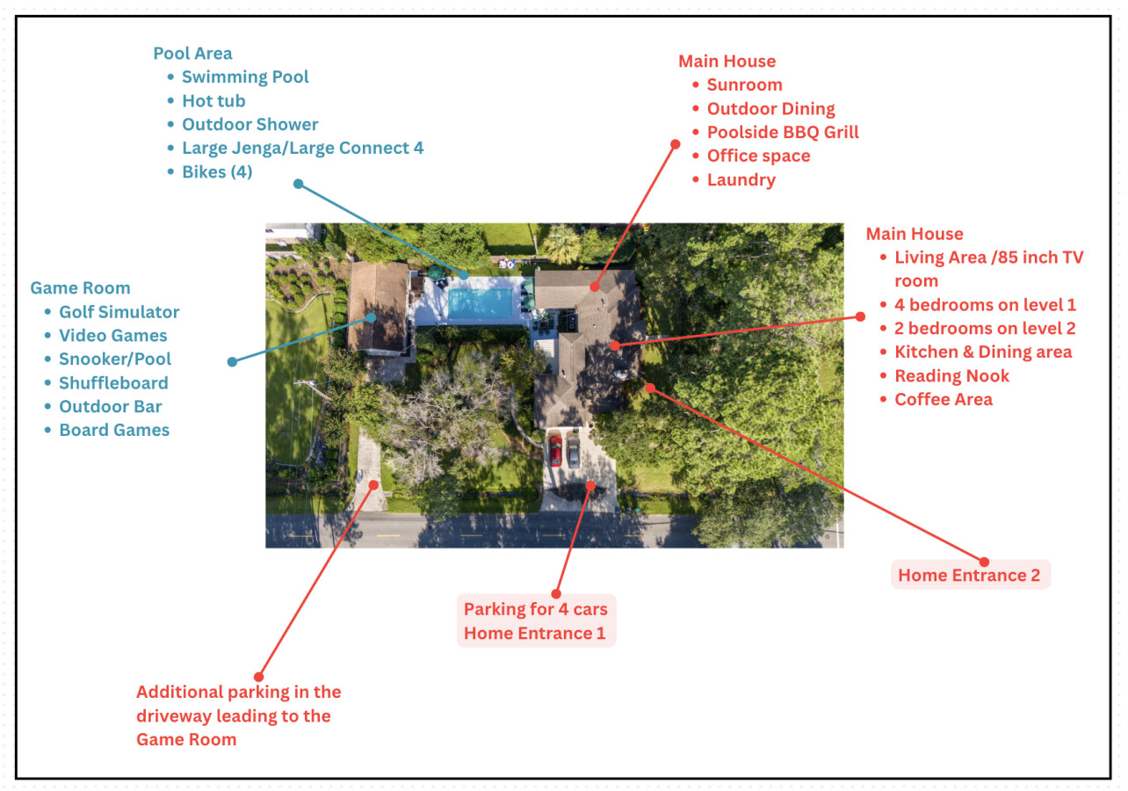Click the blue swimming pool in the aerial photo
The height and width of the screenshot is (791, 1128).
point(480,304)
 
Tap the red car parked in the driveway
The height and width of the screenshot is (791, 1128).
point(555,450)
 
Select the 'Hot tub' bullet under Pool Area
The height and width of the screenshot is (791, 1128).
point(213,101)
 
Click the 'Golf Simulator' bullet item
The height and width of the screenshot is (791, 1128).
point(119,312)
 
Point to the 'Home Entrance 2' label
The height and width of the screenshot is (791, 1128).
point(969,576)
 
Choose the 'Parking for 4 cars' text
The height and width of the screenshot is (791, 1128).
point(535,609)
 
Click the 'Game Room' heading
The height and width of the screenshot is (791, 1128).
point(80,288)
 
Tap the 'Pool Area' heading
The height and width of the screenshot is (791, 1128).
point(192,54)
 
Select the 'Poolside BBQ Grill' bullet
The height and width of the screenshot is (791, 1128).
point(783,133)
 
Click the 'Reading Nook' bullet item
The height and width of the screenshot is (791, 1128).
point(951,376)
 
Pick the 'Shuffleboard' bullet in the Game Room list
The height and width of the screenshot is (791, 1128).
point(113,383)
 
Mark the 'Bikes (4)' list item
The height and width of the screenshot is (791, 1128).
point(217,172)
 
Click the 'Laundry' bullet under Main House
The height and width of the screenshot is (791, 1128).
point(741,180)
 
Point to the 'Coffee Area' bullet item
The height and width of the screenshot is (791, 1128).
point(943,400)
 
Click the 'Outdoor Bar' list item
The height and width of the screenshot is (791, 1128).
point(110,407)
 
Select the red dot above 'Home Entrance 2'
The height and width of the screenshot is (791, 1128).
point(984,562)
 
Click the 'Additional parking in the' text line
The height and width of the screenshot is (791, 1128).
point(238,693)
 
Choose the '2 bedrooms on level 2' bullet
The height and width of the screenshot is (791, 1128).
point(985,329)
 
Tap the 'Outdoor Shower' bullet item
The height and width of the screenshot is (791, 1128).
point(249,125)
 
